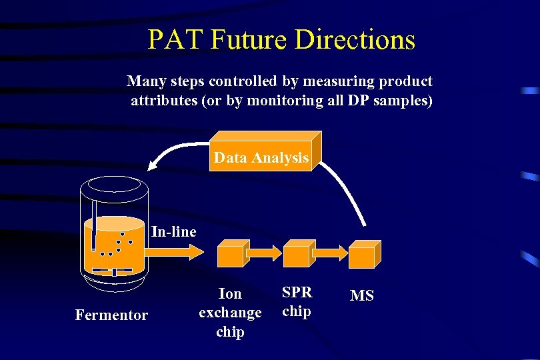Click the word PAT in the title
pyautogui.click(x=174, y=40)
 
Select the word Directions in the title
pyautogui.click(x=355, y=40)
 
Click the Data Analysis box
pyautogui.click(x=261, y=158)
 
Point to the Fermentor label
pyautogui.click(x=111, y=315)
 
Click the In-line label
pyautogui.click(x=174, y=232)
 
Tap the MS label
pyautogui.click(x=362, y=295)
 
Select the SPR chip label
pyautogui.click(x=297, y=301)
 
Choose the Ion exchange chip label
pyautogui.click(x=230, y=312)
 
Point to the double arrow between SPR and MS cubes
pyautogui.click(x=329, y=253)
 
